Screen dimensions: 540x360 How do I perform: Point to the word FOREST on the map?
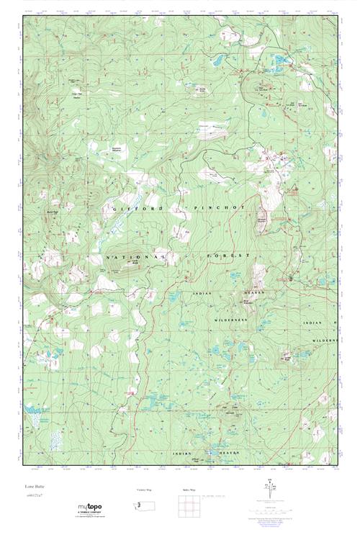[230, 256]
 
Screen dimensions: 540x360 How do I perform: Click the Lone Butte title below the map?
[35, 487]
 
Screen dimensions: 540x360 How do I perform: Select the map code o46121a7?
[35, 496]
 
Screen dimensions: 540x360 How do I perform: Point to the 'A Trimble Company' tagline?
[89, 516]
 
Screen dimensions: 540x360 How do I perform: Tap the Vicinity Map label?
[144, 490]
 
